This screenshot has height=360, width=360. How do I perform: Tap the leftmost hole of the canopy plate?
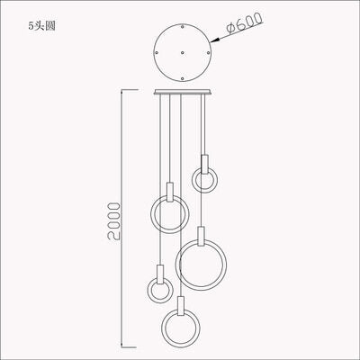[156, 52]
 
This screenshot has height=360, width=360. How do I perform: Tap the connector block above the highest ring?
[205, 163]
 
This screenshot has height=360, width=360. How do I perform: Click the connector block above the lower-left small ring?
[158, 272]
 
